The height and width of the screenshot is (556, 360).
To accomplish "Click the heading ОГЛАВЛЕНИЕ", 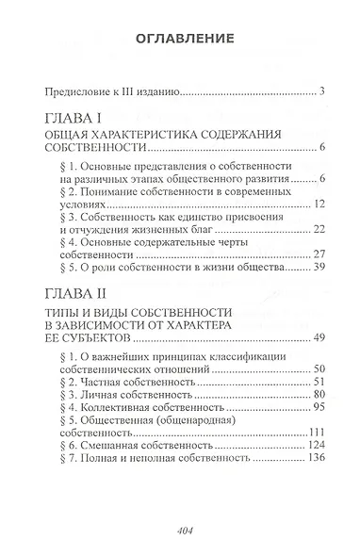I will (180, 40).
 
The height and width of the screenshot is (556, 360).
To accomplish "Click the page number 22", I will (319, 229).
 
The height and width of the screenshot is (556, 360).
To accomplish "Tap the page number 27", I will (319, 254).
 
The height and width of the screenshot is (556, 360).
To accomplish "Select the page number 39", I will (319, 269).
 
